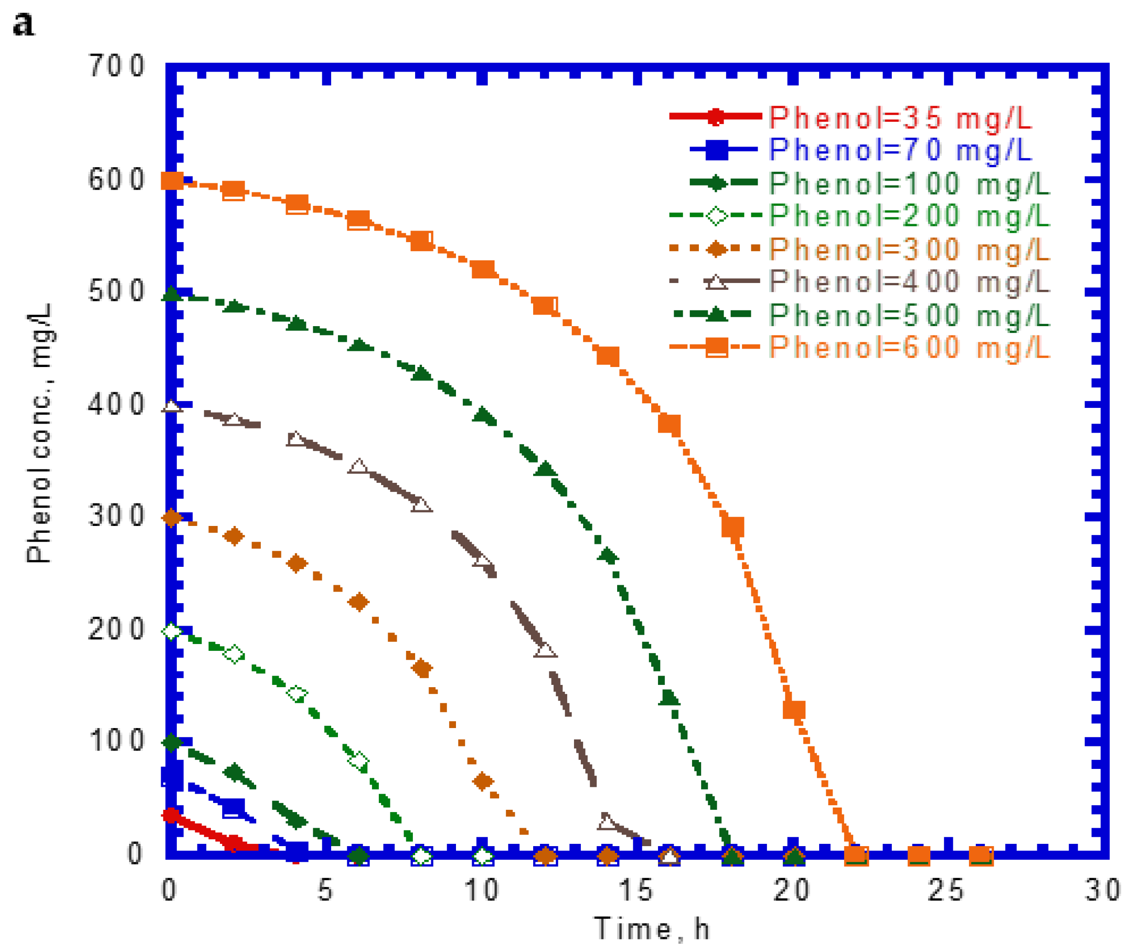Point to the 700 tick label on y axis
pos(116,66)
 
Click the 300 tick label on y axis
pos(116,516)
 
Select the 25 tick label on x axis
pos(946,890)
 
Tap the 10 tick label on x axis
pos(481,890)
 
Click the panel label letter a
pos(24,24)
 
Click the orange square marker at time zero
pos(172,181)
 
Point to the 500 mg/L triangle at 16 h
pos(669,698)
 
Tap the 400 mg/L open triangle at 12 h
pos(545,650)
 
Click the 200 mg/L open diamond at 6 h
pos(359,761)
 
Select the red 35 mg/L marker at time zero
pos(171,815)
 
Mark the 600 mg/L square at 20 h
pos(794,710)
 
